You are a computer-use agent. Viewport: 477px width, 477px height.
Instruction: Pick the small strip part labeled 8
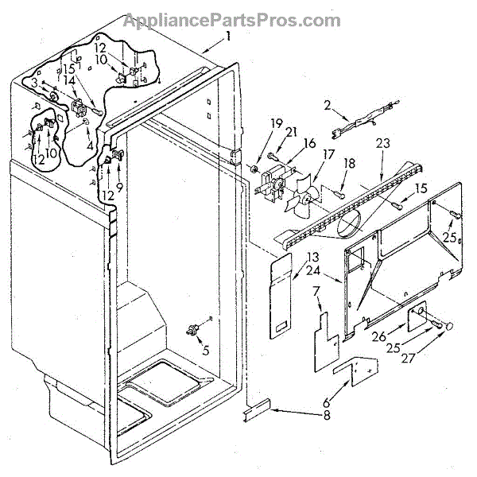point(259,412)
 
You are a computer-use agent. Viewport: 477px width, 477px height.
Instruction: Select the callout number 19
point(254,122)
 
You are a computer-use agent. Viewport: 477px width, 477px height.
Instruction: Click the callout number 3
point(33,82)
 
